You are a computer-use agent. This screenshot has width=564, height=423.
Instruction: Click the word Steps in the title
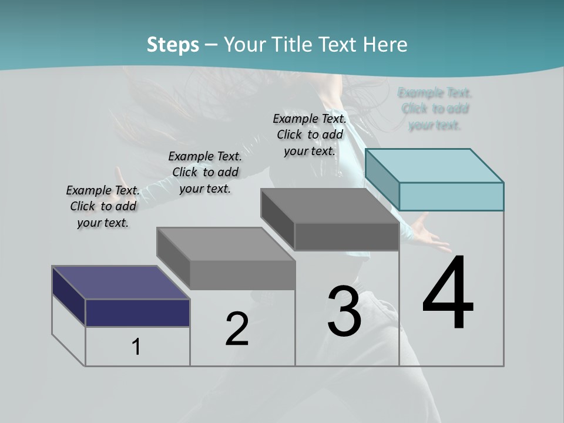[173, 45]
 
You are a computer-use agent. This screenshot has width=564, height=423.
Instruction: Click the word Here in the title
[385, 45]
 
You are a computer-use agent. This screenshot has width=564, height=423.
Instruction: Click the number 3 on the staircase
[344, 311]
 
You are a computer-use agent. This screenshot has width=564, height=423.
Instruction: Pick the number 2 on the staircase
[237, 329]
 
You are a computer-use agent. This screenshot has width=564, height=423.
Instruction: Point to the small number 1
[136, 347]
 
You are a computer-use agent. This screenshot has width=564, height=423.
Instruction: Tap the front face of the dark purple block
[137, 313]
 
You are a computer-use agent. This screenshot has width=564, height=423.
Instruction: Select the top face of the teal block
[435, 165]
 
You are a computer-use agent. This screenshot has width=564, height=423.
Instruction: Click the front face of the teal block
[451, 196]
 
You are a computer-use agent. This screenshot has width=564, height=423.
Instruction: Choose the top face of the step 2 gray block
[226, 244]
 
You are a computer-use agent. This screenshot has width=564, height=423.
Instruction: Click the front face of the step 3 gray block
[347, 237]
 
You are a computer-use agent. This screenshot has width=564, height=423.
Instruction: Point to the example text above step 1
[103, 206]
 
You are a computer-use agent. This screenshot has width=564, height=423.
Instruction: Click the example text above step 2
[205, 172]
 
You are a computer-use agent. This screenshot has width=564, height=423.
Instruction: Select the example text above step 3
[310, 135]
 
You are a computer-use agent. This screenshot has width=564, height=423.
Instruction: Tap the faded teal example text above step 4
[435, 109]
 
